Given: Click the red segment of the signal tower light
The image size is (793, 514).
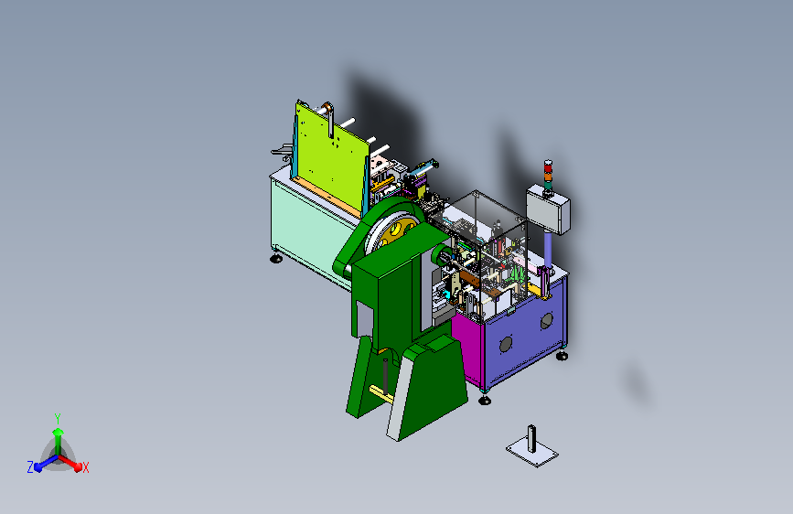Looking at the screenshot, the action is [x=548, y=166].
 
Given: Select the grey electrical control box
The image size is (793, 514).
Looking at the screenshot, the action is [x=548, y=209].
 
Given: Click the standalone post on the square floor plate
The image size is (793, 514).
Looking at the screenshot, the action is [x=531, y=439].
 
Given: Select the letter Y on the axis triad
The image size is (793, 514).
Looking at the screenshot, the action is [x=58, y=418].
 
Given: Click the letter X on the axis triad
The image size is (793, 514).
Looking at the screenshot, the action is [x=85, y=468].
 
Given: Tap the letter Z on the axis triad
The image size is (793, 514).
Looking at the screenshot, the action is [x=30, y=467].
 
